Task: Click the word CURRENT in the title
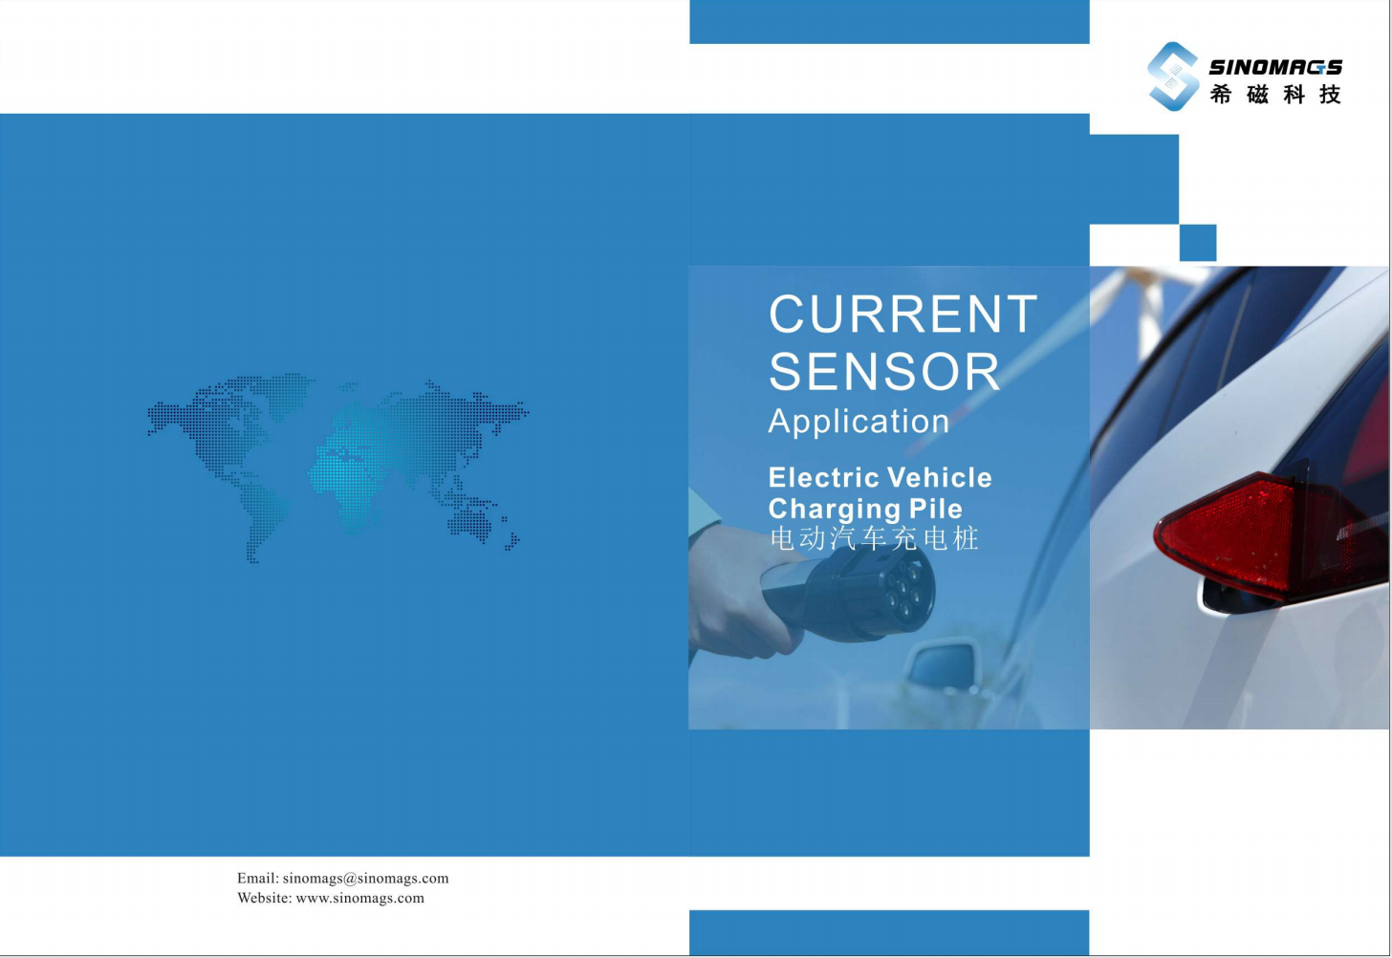click(903, 314)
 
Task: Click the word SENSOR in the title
click(884, 371)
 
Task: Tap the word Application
click(859, 422)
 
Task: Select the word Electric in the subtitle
click(824, 477)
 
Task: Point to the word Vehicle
click(940, 477)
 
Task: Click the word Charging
click(835, 510)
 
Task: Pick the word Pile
click(936, 509)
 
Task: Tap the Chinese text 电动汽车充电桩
click(874, 538)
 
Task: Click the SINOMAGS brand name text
click(1275, 67)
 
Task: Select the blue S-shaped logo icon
click(1173, 76)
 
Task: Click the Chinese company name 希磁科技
click(1275, 95)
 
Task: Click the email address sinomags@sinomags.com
click(365, 878)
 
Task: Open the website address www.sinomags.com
click(359, 898)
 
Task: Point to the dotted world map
click(338, 468)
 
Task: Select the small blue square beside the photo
click(1198, 243)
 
